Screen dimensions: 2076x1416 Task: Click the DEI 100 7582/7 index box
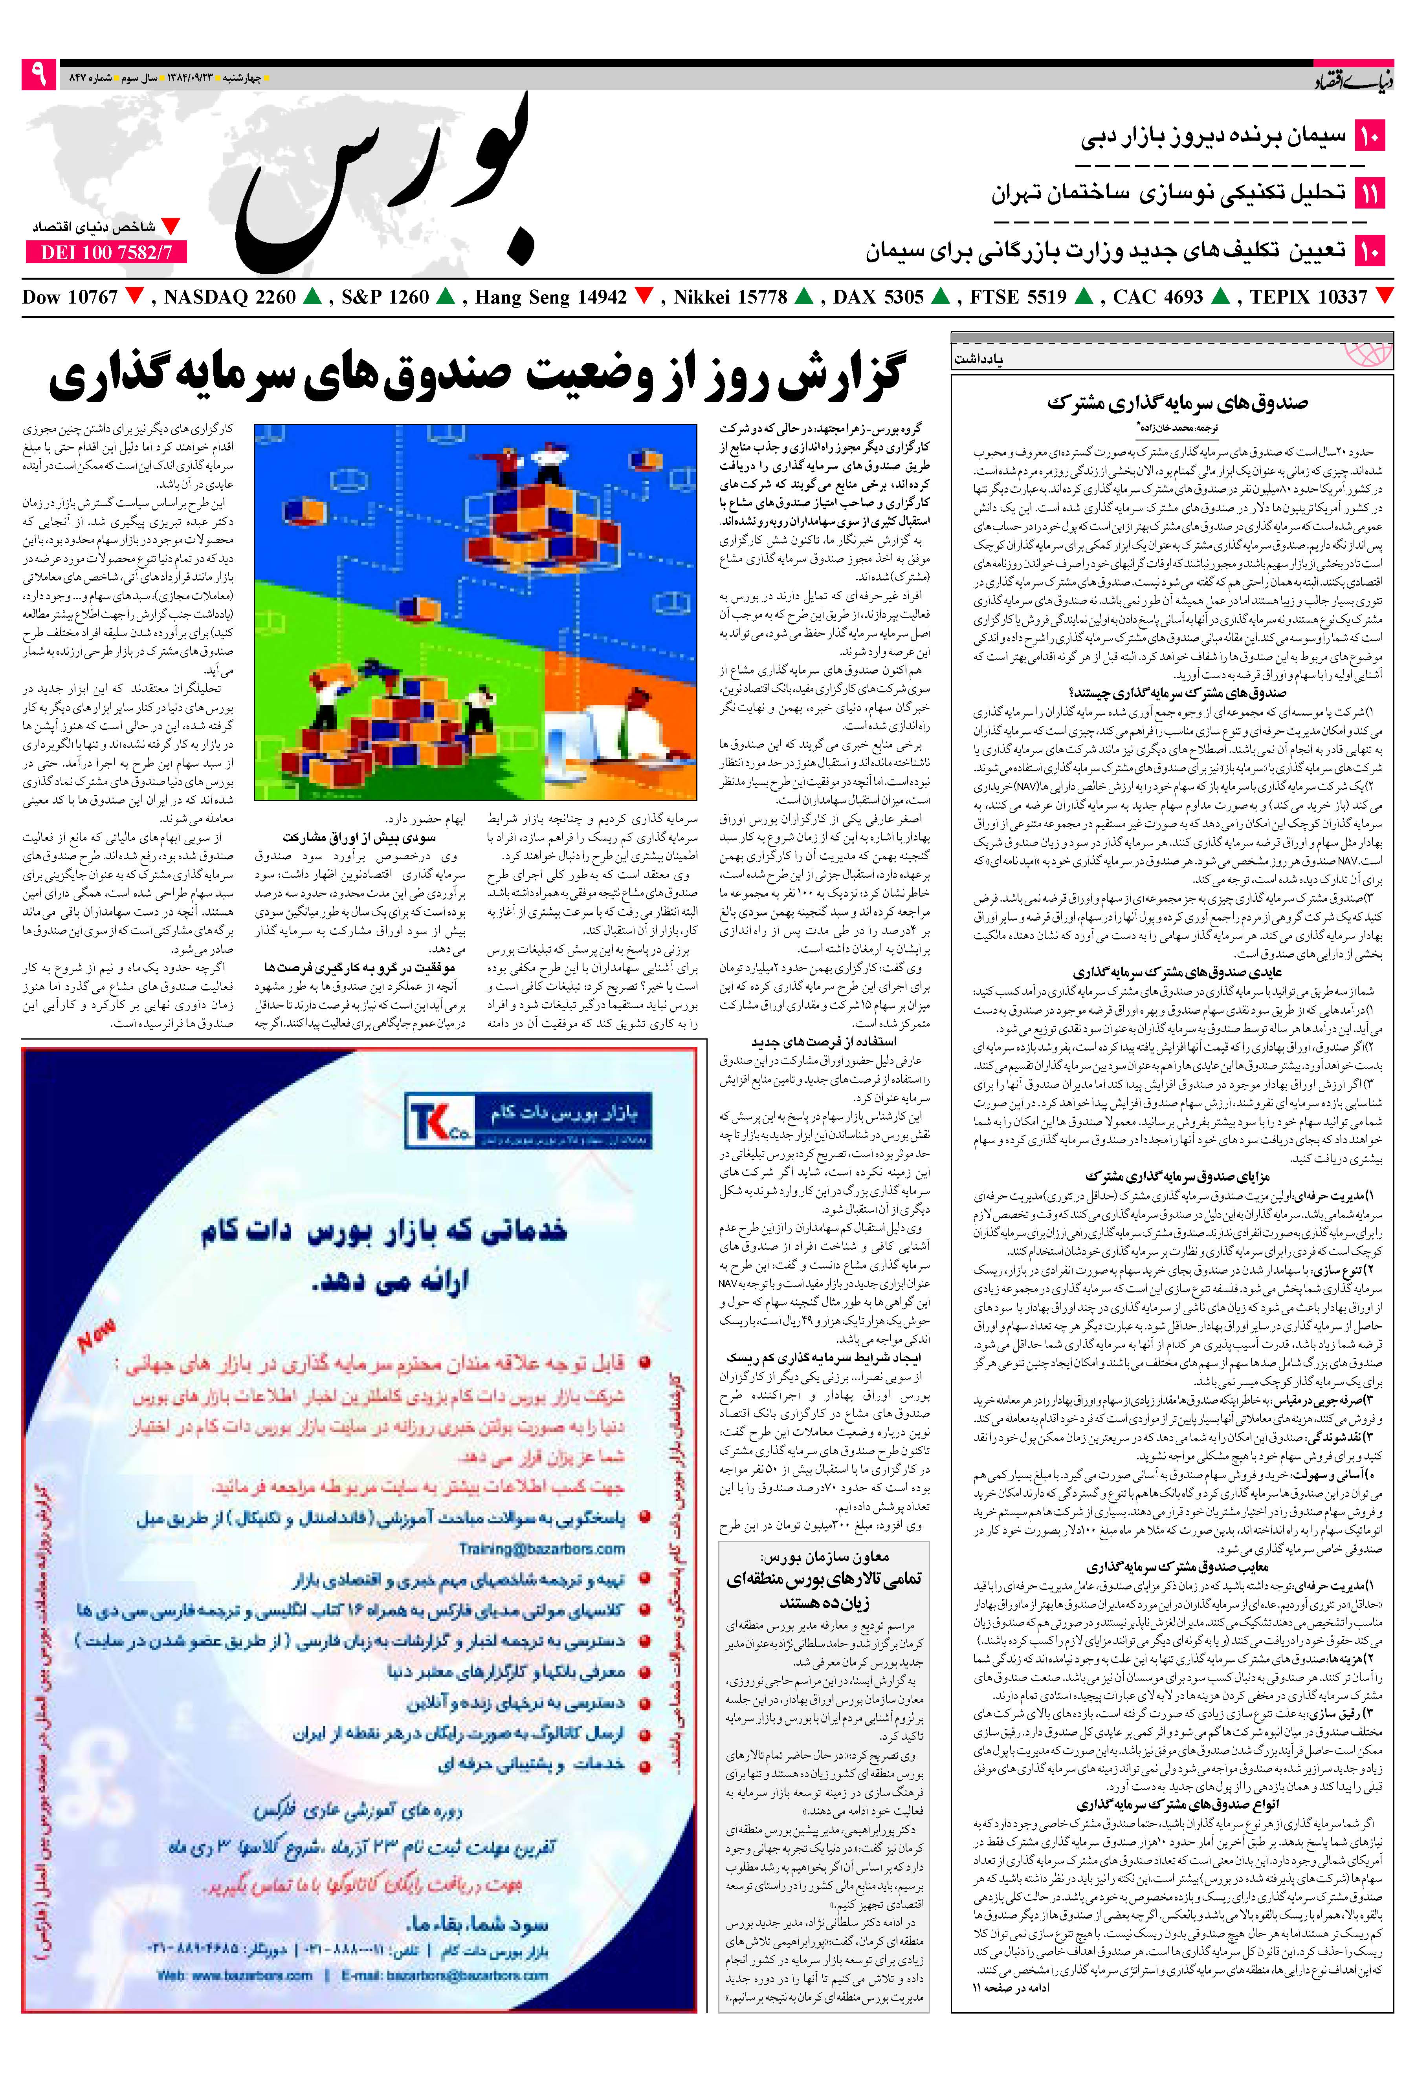tap(105, 253)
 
